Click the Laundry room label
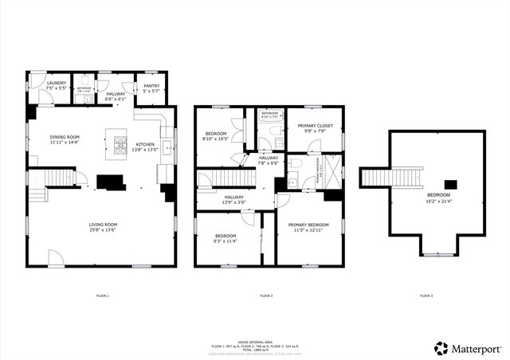(x=56, y=83)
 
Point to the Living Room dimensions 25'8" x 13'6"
(x=103, y=230)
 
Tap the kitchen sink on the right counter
(x=168, y=147)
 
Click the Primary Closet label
(x=314, y=126)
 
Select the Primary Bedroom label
(x=308, y=225)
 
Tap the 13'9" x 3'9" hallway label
(x=234, y=201)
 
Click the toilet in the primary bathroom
(x=294, y=164)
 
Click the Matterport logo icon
(x=441, y=348)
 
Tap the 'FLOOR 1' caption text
(x=102, y=296)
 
